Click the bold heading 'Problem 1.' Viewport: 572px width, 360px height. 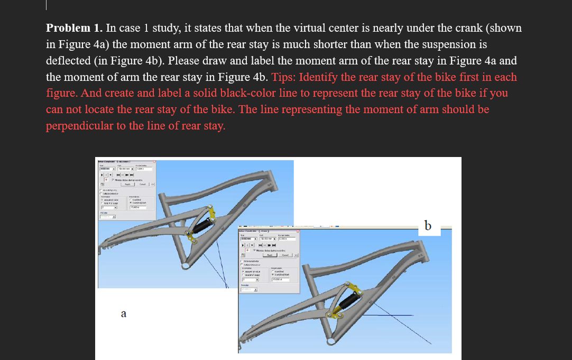74,28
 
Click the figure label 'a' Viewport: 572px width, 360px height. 123,314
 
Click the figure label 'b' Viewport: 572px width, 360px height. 428,226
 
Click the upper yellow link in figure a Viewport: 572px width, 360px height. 213,213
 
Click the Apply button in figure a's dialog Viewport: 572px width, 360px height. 127,184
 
